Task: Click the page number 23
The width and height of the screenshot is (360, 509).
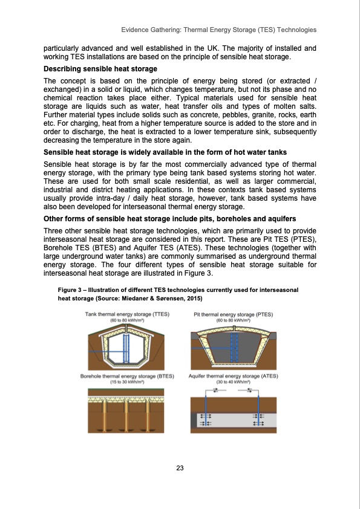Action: [180, 468]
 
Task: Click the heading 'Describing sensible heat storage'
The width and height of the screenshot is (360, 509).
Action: [96, 70]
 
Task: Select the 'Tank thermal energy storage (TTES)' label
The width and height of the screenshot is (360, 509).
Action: [127, 314]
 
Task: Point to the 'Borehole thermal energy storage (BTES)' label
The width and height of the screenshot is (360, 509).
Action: [127, 376]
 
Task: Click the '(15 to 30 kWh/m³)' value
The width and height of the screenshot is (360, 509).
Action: [127, 382]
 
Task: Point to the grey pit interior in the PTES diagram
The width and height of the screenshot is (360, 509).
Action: [233, 345]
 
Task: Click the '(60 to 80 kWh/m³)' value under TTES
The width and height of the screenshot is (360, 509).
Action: [127, 320]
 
